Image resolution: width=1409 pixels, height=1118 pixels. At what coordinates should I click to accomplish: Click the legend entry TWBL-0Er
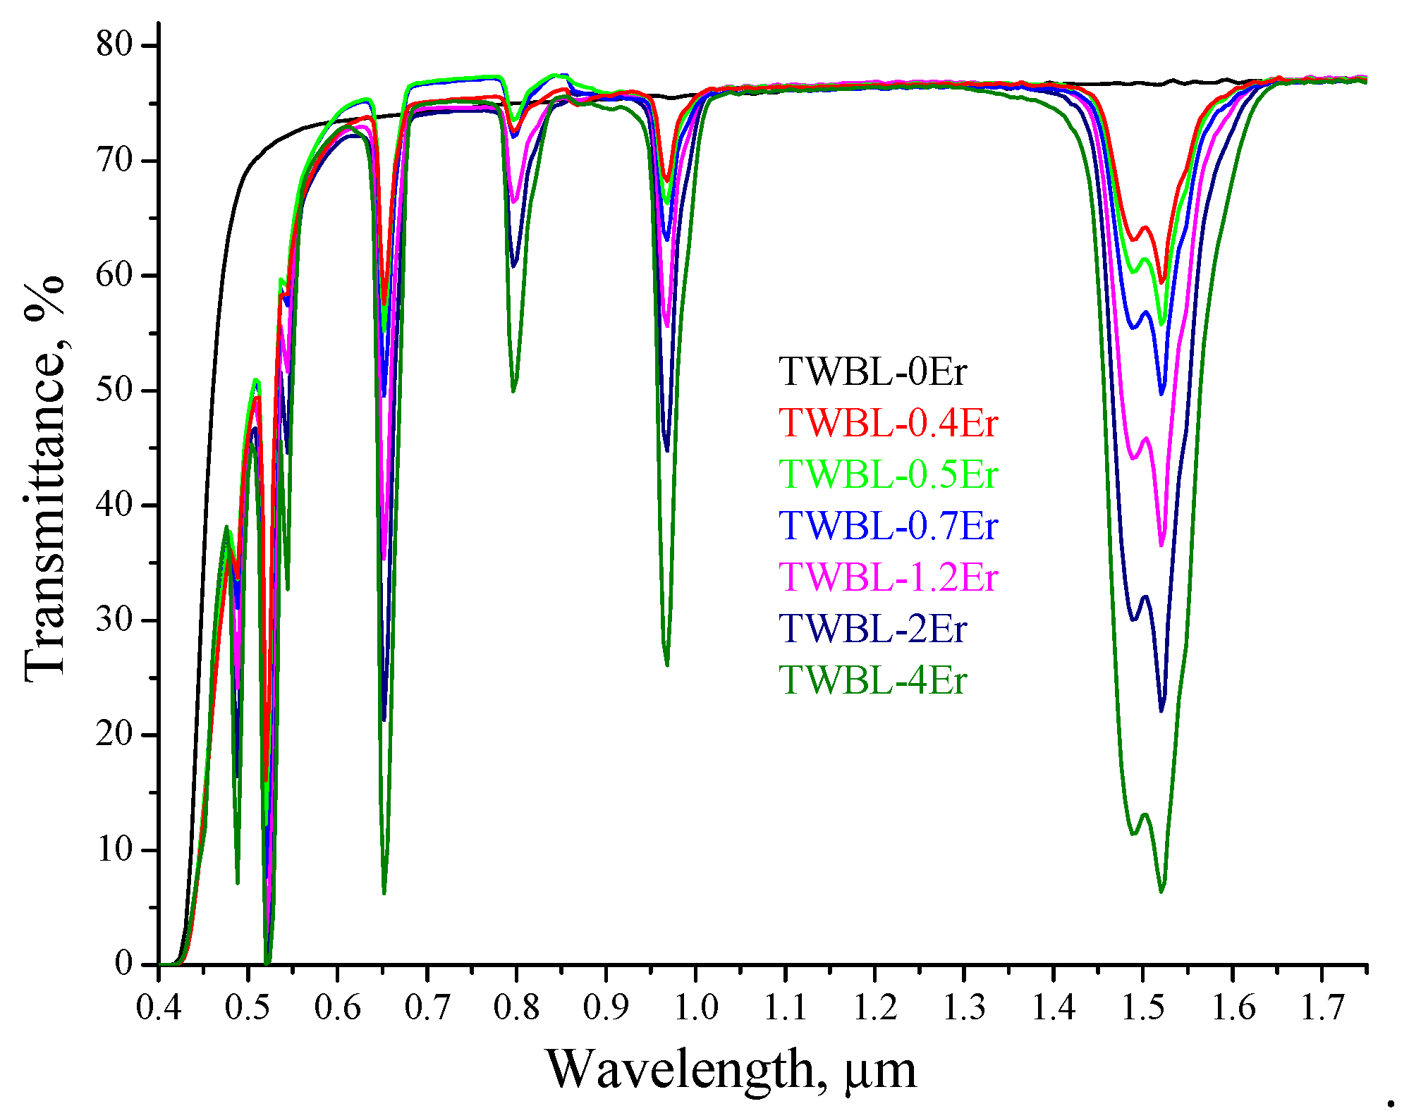872,371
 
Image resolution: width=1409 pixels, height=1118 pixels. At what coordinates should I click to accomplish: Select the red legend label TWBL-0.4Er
889,423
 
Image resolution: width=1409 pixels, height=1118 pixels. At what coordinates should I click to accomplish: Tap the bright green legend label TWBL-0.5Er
889,474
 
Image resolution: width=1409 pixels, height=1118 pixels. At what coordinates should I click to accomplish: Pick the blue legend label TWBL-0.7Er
889,526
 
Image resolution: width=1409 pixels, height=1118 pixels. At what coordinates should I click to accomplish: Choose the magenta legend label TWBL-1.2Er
889,577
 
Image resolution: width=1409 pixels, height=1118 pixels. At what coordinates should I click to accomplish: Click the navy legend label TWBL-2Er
872,629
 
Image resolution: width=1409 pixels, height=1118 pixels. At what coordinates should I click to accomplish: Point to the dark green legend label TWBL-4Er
872,680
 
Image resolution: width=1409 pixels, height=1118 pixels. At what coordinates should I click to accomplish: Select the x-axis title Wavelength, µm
731,1070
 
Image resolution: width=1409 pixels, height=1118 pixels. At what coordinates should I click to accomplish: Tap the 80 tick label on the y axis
114,45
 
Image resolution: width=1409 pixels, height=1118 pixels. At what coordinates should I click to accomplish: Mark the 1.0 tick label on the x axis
696,1007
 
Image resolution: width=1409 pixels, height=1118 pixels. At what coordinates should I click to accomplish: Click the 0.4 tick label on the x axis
159,1007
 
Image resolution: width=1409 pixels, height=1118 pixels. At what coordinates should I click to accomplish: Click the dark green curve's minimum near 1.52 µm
1161,892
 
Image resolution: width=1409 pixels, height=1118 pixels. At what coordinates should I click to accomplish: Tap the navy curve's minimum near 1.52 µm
1161,711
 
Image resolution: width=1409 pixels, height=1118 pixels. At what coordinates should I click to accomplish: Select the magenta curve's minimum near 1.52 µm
1161,545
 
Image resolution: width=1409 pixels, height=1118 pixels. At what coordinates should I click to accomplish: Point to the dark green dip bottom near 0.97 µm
666,664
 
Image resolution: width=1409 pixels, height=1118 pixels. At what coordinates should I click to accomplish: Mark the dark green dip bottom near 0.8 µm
513,391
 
